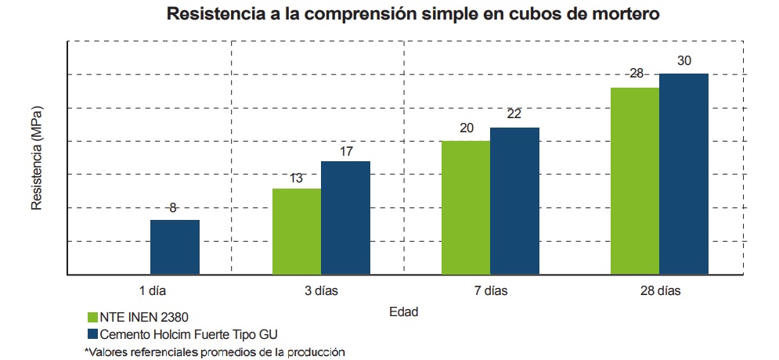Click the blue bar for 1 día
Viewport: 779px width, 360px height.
coord(175,247)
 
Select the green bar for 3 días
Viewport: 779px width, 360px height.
coord(297,232)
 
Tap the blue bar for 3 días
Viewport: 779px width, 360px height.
coord(345,218)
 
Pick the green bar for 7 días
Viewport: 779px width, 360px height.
coord(467,207)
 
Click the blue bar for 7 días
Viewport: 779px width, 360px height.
coord(514,201)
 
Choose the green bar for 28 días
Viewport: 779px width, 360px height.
coord(635,181)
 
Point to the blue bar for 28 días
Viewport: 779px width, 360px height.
coord(683,174)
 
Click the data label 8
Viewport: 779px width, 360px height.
coord(173,208)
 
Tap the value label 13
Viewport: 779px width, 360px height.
coord(296,178)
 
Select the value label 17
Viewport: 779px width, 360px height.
coord(345,149)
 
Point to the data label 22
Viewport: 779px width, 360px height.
coord(514,114)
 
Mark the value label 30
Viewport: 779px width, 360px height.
coord(683,60)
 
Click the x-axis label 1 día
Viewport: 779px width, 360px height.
coord(153,291)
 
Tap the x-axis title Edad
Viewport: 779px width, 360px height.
coord(404,311)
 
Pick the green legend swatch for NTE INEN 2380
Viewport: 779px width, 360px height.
coord(91,318)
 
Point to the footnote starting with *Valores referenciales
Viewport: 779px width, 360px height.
coord(215,352)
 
